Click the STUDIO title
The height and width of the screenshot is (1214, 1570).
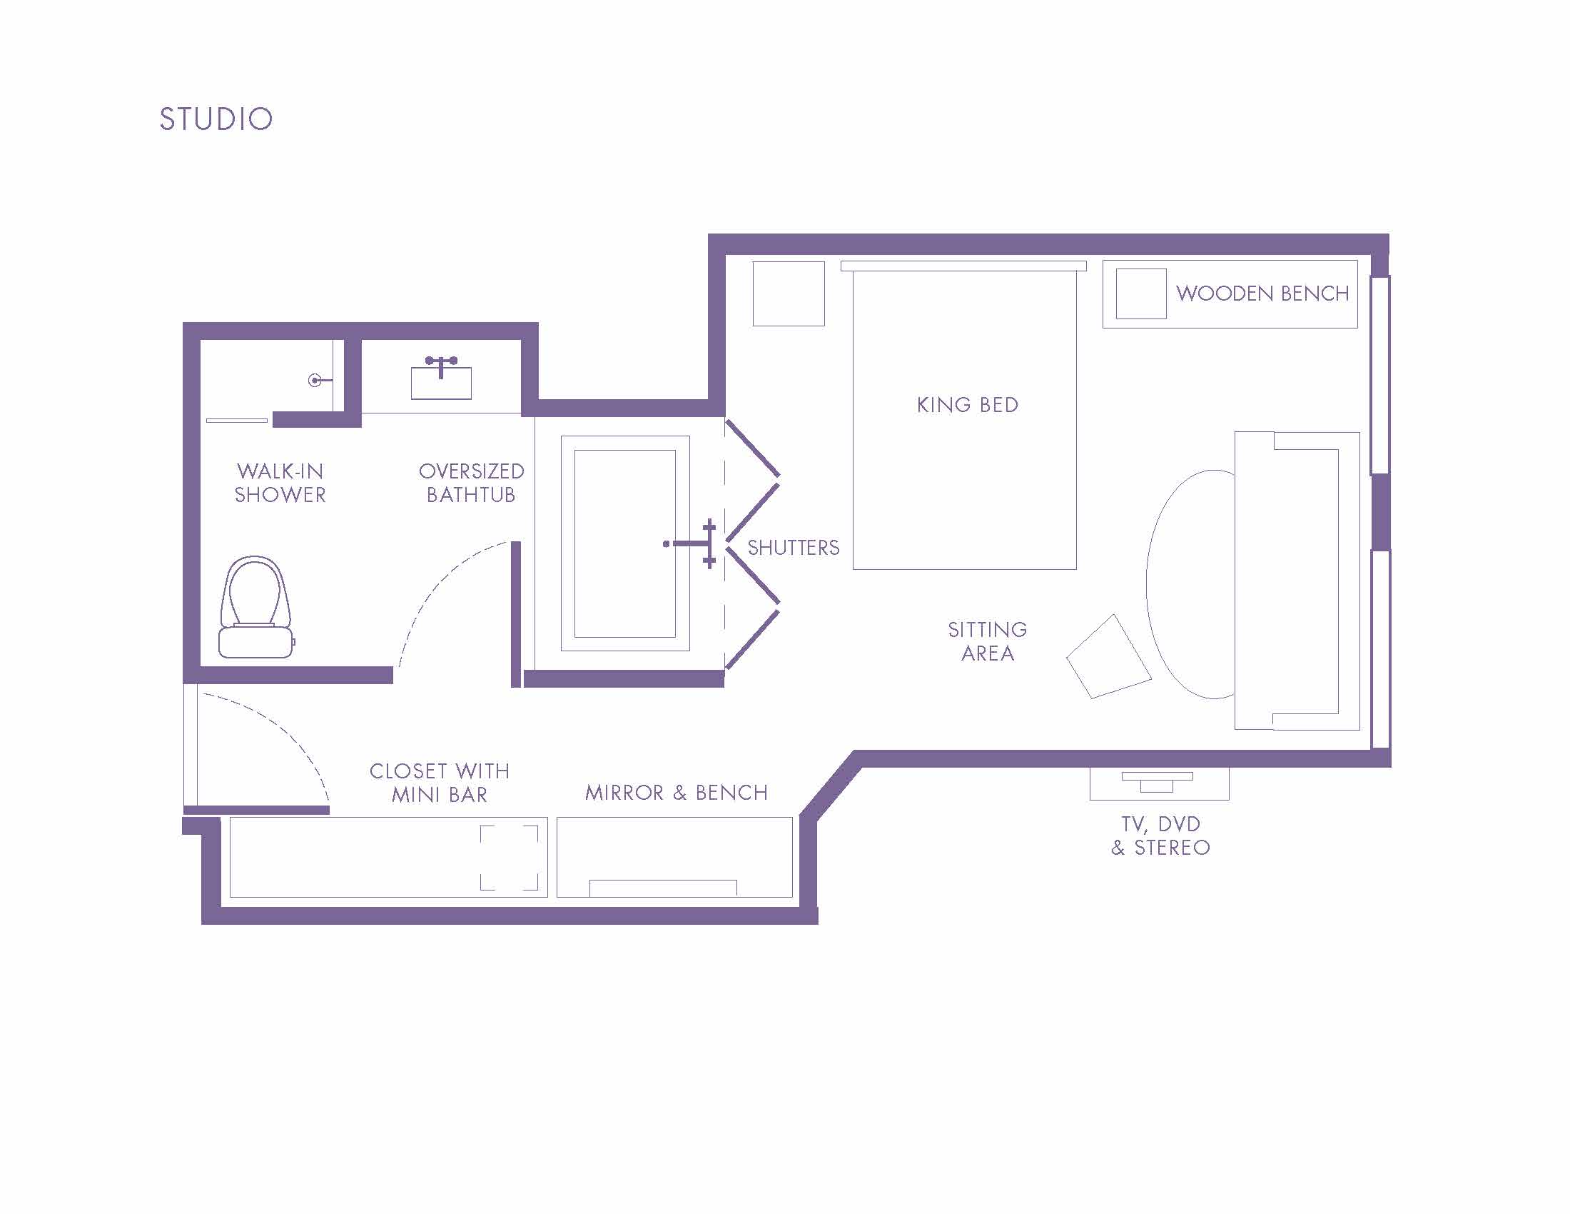tap(216, 119)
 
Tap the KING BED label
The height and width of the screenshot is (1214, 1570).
tap(968, 405)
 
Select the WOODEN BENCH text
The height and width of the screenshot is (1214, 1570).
tap(1262, 294)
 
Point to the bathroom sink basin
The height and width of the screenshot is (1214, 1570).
tap(441, 383)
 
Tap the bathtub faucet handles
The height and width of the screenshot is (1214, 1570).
tap(709, 543)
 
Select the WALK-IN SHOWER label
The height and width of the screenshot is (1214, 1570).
tap(280, 483)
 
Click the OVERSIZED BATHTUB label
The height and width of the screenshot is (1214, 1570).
tap(472, 483)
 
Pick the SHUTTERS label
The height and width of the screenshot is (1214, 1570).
tap(794, 548)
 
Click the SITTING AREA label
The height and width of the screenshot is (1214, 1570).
tap(988, 641)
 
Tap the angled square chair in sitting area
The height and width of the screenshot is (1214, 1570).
tap(1108, 656)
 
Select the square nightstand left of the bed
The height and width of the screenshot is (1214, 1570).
tap(789, 294)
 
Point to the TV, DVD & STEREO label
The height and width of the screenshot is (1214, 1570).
tap(1161, 836)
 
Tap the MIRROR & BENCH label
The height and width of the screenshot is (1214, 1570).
tap(677, 793)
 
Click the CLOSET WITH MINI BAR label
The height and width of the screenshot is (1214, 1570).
tap(440, 783)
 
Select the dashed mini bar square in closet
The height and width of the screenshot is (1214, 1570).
tap(509, 858)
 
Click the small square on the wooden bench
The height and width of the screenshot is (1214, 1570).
tap(1141, 294)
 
